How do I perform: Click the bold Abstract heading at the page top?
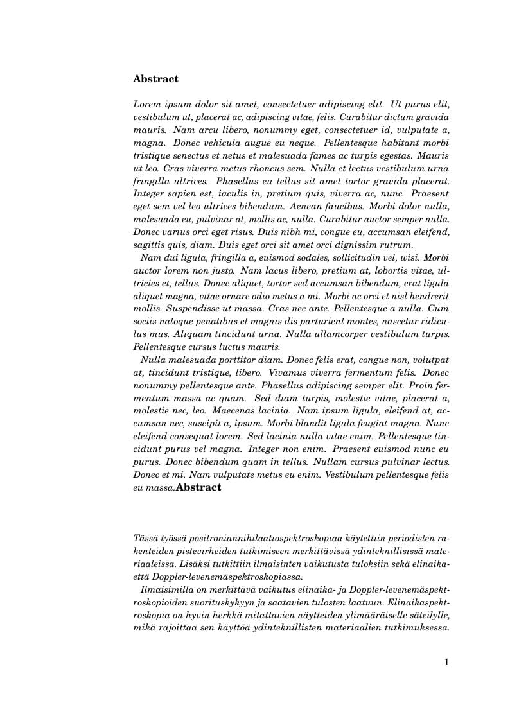[x=155, y=79]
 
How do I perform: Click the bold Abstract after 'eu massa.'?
[x=198, y=487]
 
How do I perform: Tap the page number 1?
[x=446, y=662]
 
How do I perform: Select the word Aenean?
[x=305, y=206]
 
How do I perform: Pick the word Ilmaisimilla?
[x=165, y=589]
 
